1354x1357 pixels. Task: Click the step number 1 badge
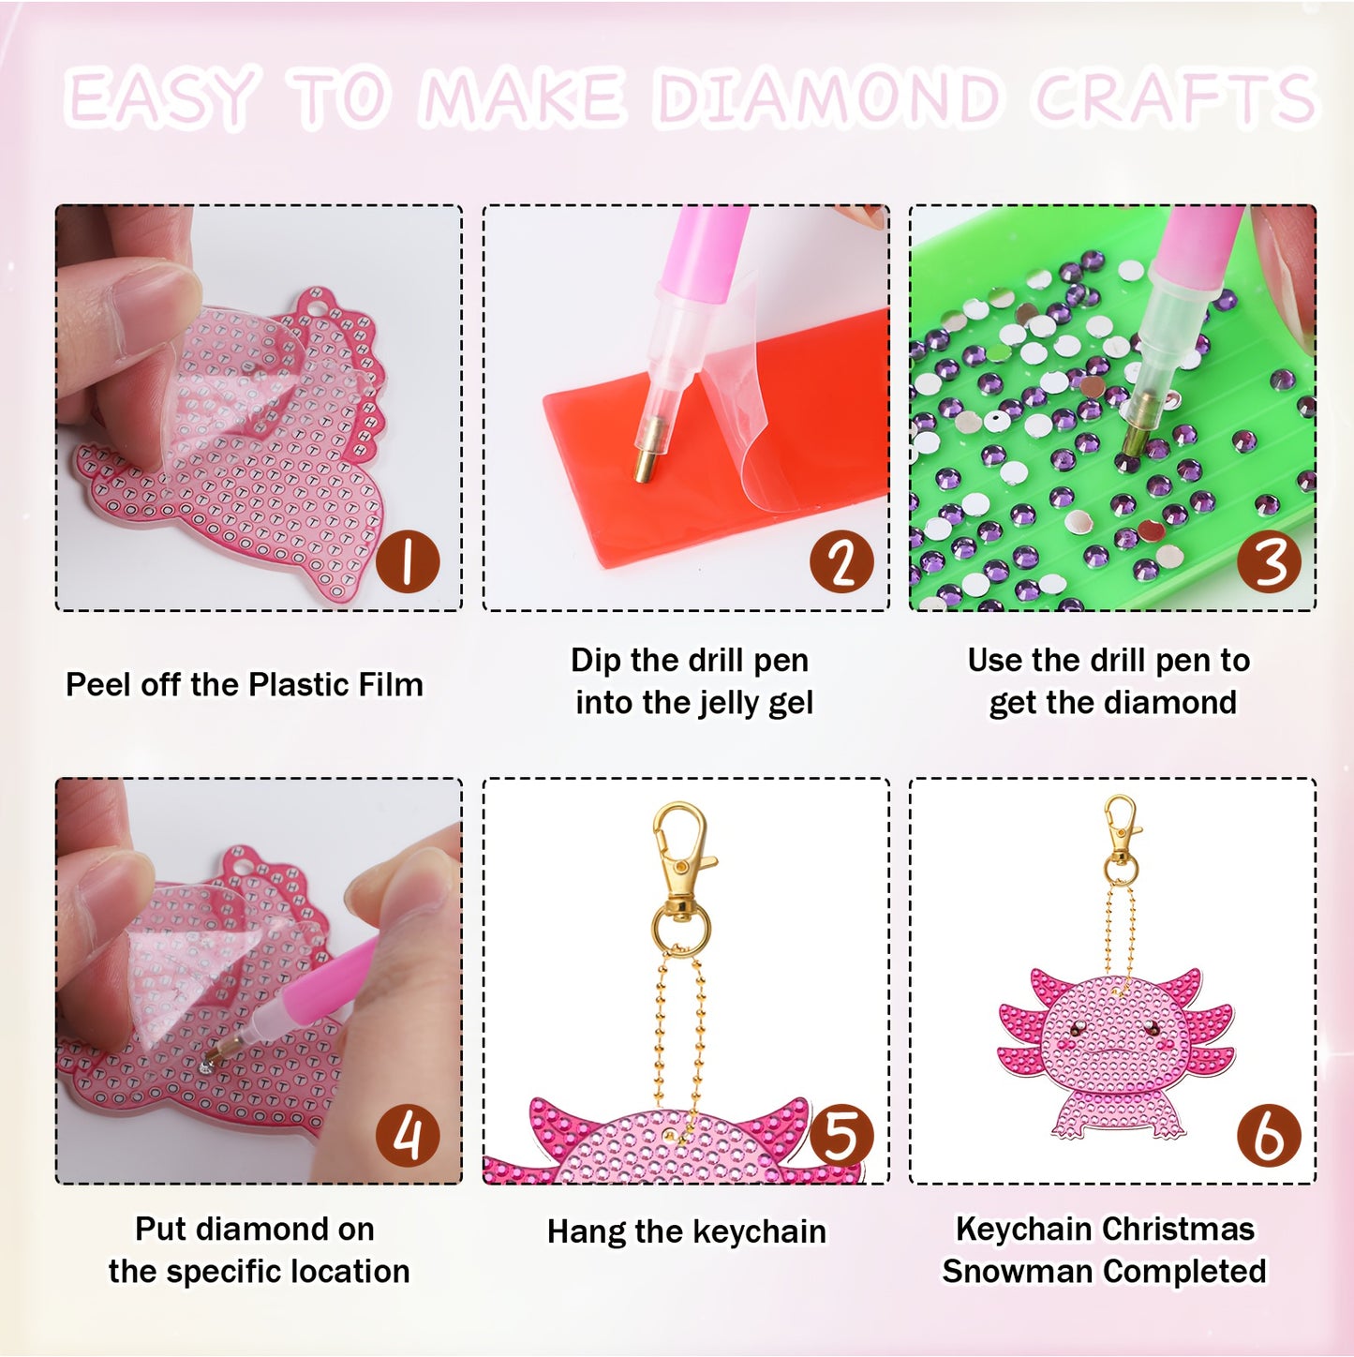pos(408,561)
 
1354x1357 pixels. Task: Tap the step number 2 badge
pos(841,561)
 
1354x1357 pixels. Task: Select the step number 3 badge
pos(1269,562)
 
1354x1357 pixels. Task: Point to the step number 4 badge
pos(408,1135)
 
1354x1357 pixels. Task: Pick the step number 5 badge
pos(841,1135)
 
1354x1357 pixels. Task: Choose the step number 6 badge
pos(1269,1135)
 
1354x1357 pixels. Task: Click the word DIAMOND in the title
pos(828,98)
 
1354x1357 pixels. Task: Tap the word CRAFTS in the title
pos(1175,98)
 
